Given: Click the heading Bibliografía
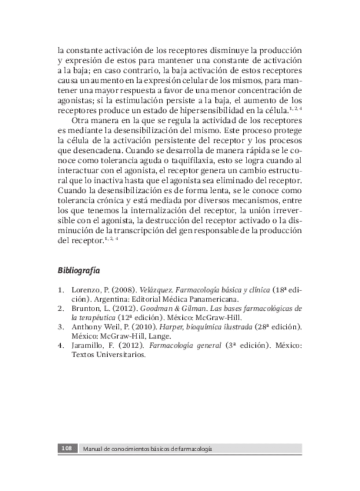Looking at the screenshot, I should [x=79, y=270].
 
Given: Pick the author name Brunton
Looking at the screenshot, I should [x=85, y=308].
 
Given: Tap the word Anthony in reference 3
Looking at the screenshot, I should [x=86, y=327].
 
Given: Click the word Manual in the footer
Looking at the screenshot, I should [x=93, y=449].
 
